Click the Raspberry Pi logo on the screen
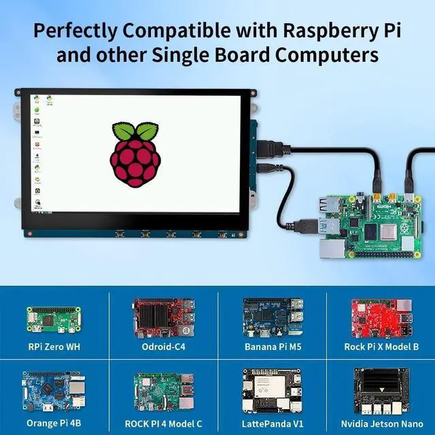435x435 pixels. (135, 156)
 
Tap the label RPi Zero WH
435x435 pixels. (54, 347)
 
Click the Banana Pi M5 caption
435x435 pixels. (272, 347)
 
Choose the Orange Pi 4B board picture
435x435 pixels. (54, 389)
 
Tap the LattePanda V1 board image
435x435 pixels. (272, 389)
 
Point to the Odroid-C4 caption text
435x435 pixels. (163, 347)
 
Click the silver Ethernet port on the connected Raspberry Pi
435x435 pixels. (331, 250)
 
